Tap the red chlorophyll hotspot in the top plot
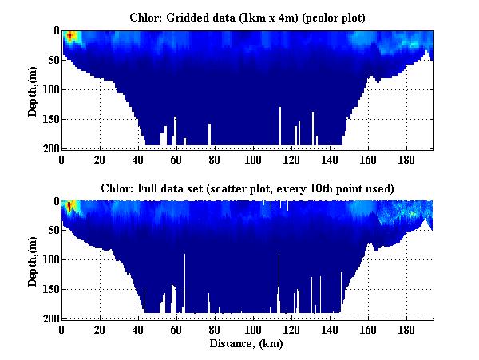70,36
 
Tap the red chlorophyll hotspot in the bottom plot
69,207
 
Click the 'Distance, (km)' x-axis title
248,344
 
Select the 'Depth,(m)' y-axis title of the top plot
33,89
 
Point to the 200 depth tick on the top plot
51,149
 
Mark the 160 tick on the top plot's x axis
368,159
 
